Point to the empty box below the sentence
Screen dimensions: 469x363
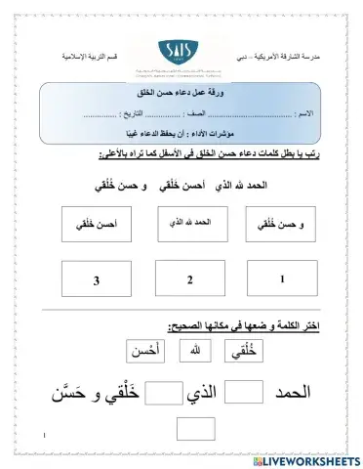coord(195,430)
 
